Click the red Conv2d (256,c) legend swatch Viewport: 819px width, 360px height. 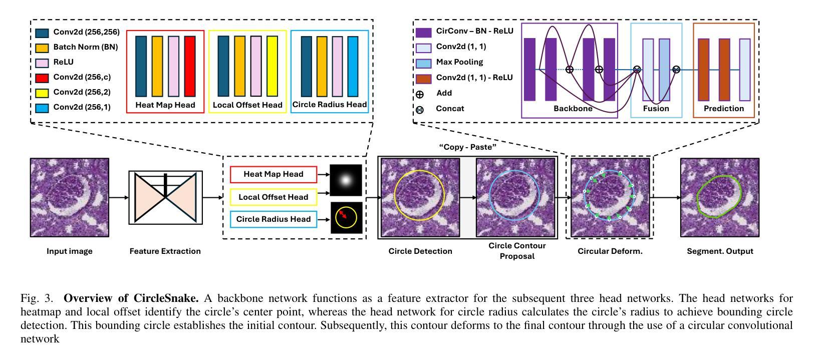click(x=42, y=78)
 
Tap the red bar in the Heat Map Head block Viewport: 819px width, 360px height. click(x=189, y=66)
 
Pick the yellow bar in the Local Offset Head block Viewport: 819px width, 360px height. click(x=272, y=66)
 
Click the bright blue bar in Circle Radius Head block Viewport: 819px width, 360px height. click(x=353, y=66)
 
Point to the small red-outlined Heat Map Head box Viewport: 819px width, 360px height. click(x=273, y=174)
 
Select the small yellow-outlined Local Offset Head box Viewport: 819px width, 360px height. click(x=273, y=197)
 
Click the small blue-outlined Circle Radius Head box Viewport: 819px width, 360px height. click(x=273, y=219)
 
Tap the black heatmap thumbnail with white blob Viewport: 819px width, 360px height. click(x=346, y=180)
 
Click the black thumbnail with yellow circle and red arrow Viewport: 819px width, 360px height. click(x=346, y=218)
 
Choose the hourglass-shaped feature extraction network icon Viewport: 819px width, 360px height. click(x=165, y=197)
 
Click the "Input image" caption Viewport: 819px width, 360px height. click(x=70, y=251)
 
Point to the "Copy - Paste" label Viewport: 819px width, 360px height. click(x=467, y=147)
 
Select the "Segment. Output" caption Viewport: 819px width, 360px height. click(x=720, y=251)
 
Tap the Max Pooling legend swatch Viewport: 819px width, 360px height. click(x=423, y=63)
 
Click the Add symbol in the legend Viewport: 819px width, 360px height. click(x=420, y=94)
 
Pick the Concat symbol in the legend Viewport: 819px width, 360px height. click(x=420, y=110)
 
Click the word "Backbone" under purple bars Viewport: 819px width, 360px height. click(x=573, y=109)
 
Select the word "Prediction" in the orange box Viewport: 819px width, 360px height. click(x=724, y=109)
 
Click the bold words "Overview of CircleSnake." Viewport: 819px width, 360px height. click(x=131, y=298)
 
